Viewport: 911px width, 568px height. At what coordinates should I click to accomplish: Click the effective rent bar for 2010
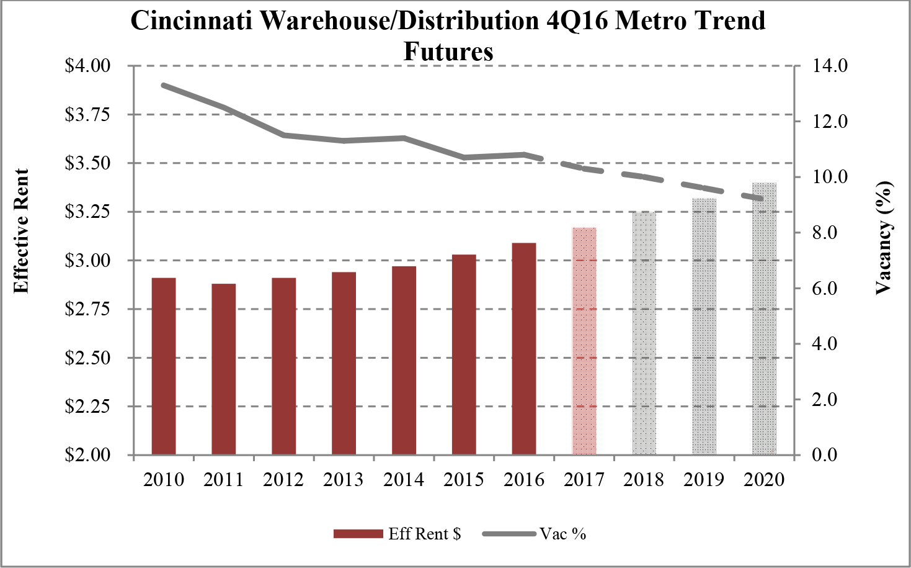164,366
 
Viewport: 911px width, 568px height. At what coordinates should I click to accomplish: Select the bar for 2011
224,369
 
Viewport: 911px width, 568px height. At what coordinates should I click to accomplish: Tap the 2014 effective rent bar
404,361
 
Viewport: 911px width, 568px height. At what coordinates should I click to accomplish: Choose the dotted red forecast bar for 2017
584,341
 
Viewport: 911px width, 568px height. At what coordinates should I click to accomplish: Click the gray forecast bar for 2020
765,319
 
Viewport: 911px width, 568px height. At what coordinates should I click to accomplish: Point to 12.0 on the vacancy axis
830,122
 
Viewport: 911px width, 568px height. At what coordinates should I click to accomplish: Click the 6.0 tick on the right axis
824,289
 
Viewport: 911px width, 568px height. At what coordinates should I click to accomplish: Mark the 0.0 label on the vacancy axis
824,455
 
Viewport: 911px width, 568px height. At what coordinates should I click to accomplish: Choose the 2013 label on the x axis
344,480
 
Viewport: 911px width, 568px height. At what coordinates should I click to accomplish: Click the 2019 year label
704,480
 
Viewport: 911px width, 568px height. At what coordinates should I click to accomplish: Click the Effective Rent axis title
22,231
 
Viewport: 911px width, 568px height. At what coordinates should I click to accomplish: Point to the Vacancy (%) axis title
884,238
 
